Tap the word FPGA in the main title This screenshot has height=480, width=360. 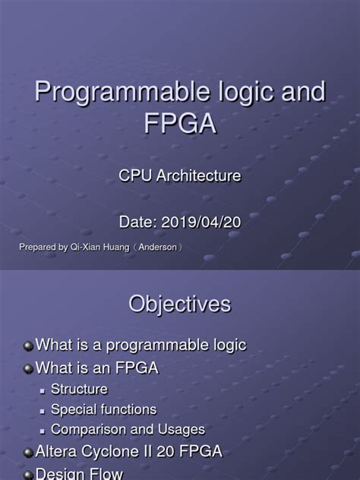(x=179, y=122)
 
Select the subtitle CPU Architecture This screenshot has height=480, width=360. (x=180, y=176)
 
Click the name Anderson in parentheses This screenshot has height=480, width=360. (x=157, y=248)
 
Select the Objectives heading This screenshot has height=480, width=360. (x=179, y=305)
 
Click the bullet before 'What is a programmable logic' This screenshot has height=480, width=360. (x=28, y=346)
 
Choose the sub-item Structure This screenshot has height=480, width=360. (x=79, y=390)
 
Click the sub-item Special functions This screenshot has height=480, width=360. (x=103, y=410)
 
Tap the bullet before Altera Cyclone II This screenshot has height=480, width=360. (x=28, y=452)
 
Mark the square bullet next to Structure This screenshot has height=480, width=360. (x=45, y=390)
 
